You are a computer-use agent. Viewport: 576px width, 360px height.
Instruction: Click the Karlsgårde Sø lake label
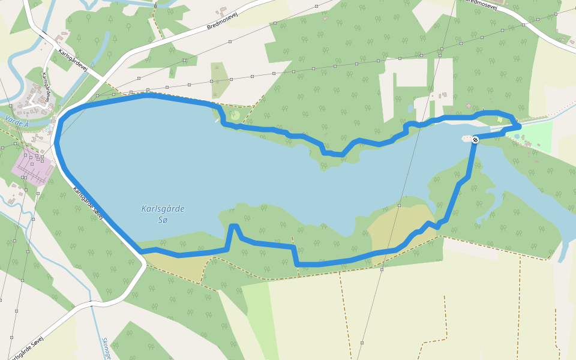[163, 214]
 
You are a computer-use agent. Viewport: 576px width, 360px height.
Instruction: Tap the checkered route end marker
[475, 140]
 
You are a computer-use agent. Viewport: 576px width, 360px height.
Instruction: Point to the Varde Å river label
[16, 121]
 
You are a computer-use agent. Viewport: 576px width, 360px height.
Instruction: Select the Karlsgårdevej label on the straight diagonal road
[73, 60]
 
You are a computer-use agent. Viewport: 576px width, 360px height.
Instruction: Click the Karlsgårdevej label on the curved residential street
[46, 87]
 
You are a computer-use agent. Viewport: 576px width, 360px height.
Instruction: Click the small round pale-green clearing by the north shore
[235, 115]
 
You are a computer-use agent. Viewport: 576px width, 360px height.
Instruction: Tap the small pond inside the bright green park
[517, 136]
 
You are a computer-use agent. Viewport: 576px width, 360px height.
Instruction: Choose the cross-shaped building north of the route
[443, 95]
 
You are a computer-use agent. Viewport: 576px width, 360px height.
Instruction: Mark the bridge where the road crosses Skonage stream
[92, 304]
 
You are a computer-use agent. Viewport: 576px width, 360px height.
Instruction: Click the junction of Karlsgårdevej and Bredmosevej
[103, 77]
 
